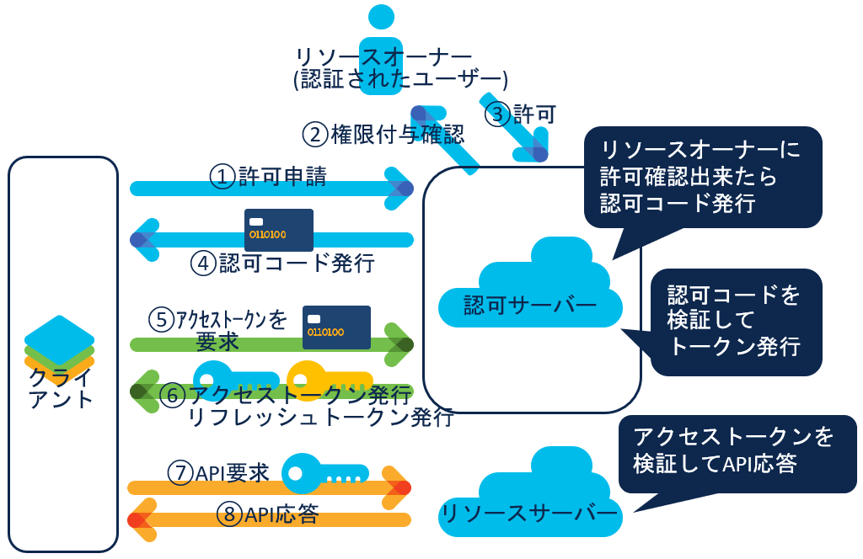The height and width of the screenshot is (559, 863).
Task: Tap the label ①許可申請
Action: [x=268, y=176]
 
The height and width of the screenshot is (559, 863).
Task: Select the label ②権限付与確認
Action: [x=383, y=134]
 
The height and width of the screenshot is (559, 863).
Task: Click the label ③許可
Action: [x=523, y=114]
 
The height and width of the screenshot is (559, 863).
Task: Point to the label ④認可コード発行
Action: [x=281, y=264]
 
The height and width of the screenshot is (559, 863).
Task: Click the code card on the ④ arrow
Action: [x=278, y=230]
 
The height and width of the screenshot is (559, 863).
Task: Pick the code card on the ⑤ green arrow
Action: [x=336, y=327]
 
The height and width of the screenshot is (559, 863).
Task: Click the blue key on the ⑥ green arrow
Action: [x=228, y=378]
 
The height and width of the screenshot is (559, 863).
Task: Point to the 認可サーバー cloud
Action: [x=530, y=286]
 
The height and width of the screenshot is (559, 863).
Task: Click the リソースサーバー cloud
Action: [x=530, y=501]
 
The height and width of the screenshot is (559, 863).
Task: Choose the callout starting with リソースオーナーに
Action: [x=702, y=177]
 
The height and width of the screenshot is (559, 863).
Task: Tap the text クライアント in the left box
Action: [x=61, y=388]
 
